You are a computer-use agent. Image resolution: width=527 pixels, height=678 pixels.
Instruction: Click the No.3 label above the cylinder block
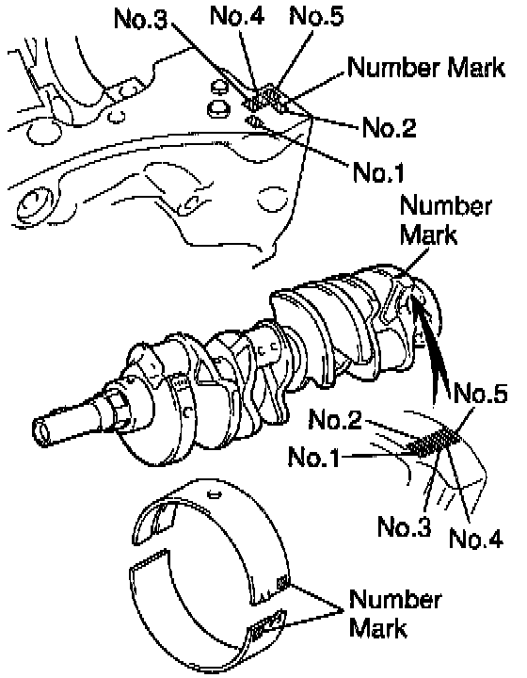coord(140,20)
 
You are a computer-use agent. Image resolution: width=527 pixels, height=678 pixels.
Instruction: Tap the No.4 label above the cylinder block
coord(237,16)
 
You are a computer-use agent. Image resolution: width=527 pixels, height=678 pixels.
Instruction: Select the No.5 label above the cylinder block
coord(316,16)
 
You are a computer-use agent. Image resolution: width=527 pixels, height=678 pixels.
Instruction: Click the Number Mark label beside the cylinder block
coord(426,68)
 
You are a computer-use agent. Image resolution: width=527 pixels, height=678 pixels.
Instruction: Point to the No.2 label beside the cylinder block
coord(389,127)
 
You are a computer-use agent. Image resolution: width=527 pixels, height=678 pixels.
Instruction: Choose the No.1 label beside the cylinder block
coord(378,171)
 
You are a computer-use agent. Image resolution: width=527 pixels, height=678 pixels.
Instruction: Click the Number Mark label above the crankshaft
coord(445,220)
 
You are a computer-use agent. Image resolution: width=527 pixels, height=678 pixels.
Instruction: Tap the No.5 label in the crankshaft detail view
coord(480,393)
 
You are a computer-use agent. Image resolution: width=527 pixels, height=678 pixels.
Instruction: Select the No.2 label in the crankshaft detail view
coord(335,419)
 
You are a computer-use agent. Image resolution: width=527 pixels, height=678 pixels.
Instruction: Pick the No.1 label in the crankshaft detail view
coord(314,457)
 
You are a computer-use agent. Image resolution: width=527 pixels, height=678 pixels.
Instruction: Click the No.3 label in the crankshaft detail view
coord(405,526)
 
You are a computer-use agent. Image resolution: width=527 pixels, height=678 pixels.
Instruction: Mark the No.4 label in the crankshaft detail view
coord(476,539)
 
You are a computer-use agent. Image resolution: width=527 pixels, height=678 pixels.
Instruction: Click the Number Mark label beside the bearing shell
coord(395,613)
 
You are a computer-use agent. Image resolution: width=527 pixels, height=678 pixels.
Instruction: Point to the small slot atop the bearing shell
coord(215,493)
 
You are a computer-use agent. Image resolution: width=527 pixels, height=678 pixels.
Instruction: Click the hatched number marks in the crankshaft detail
coord(434,442)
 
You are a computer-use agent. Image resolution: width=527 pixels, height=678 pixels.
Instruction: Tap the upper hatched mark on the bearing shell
coord(282,584)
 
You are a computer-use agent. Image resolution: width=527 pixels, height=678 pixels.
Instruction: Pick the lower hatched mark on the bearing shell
coord(268,625)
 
